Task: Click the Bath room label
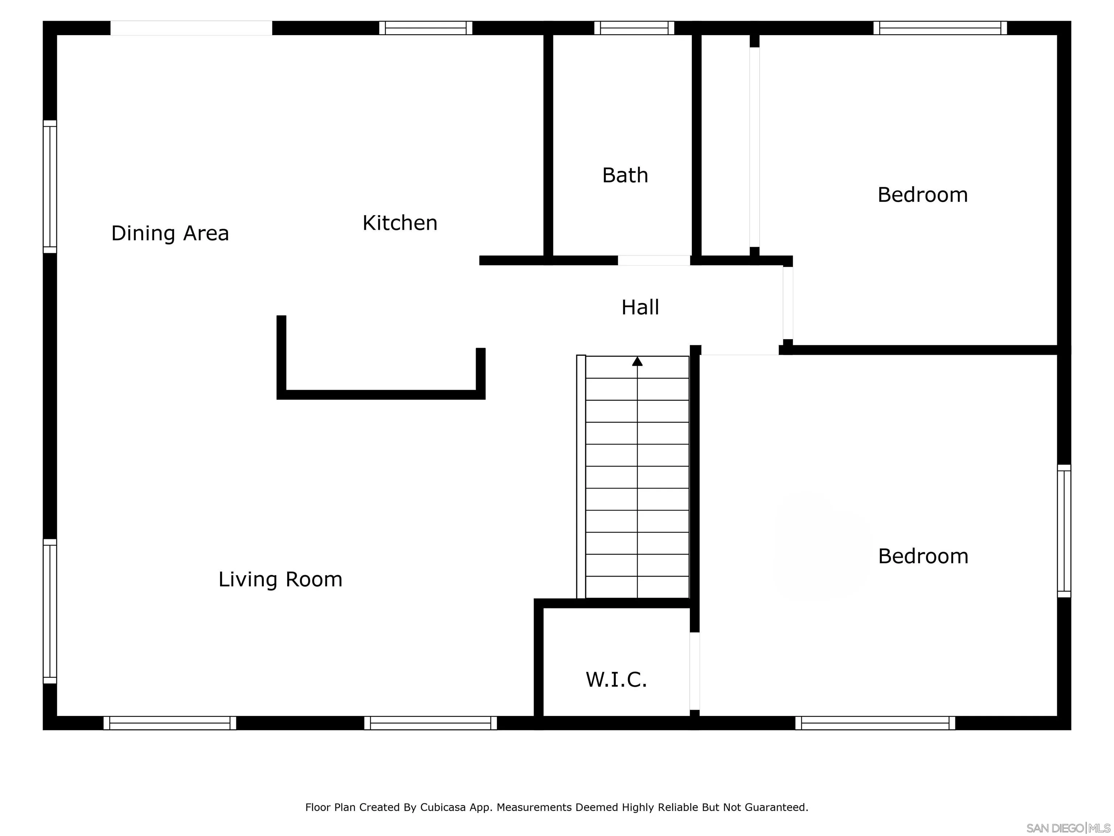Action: tap(625, 175)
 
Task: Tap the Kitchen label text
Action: tap(400, 223)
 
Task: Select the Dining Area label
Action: tap(170, 233)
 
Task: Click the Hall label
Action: tap(640, 307)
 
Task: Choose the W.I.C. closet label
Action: tap(616, 679)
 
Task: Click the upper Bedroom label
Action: tap(922, 195)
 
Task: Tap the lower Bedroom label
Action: tap(923, 556)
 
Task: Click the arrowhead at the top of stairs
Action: tap(637, 361)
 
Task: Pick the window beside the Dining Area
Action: tap(50, 187)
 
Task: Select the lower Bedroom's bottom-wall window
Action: tap(875, 723)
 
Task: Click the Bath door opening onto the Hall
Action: tap(654, 261)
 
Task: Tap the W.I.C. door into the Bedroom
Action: tap(694, 671)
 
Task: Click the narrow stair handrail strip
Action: tap(581, 476)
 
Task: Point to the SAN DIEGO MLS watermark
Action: tap(1068, 828)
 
